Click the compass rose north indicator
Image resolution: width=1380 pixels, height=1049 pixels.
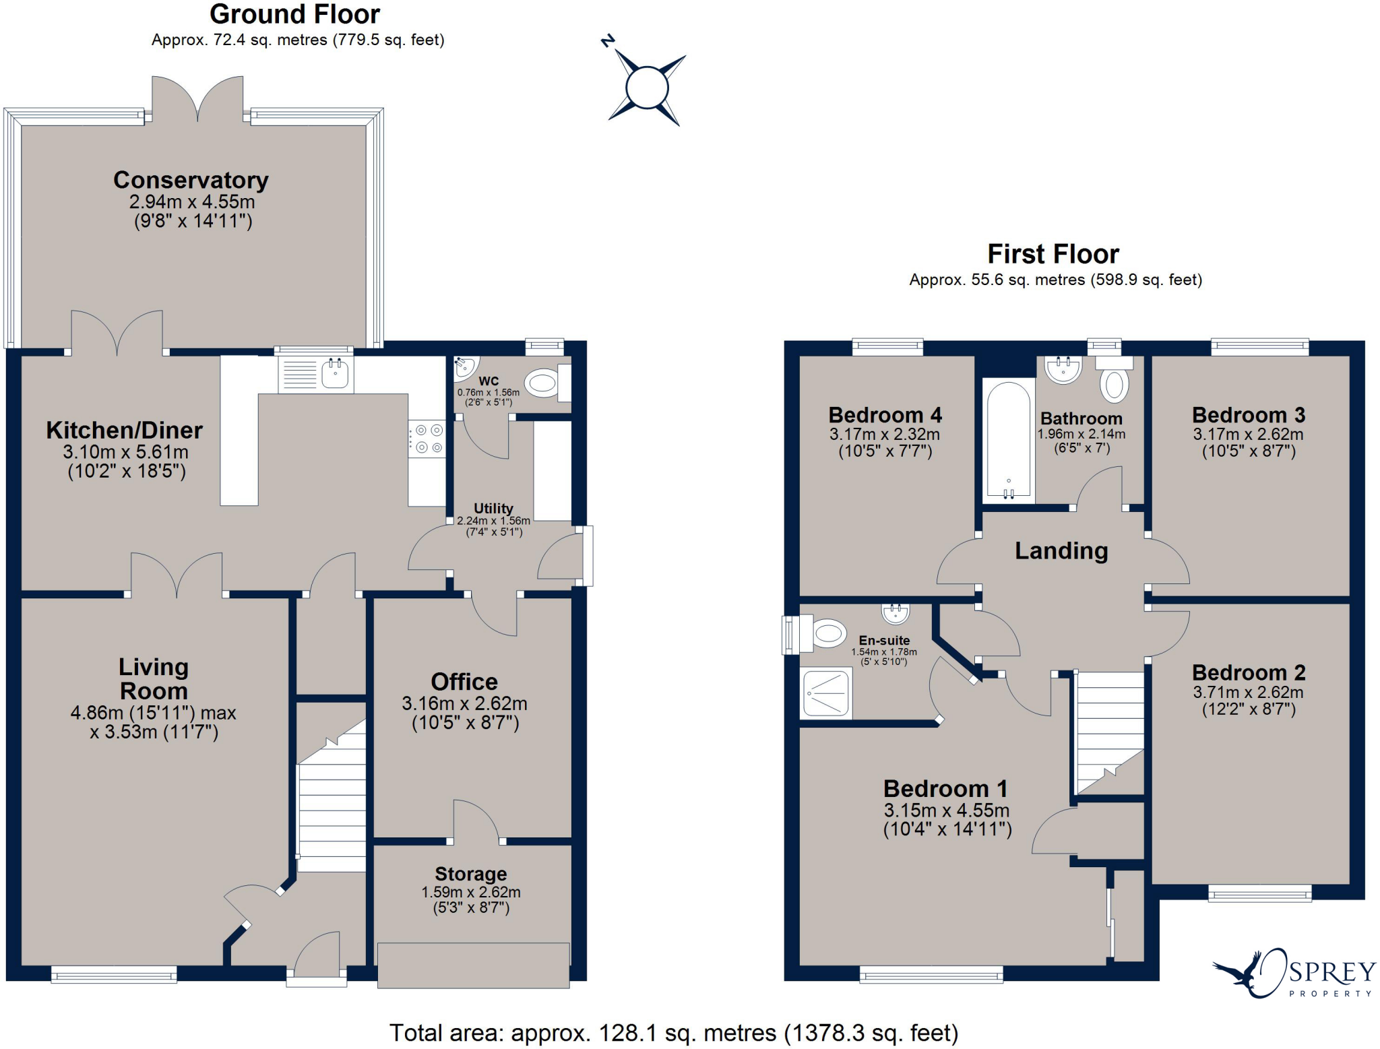[x=608, y=41]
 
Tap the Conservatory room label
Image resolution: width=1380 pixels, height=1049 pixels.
[x=191, y=180]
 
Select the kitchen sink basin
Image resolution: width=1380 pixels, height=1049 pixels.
[x=335, y=373]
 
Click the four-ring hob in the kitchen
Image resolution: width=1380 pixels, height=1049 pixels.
[x=427, y=439]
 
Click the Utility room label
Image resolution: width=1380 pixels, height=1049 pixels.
[x=493, y=508]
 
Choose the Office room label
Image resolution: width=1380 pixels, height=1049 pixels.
[x=464, y=682]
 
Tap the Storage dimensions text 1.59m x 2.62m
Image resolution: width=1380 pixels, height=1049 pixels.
[x=471, y=892]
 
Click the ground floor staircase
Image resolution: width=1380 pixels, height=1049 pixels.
[x=332, y=795]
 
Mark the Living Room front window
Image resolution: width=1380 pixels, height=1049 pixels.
[x=114, y=974]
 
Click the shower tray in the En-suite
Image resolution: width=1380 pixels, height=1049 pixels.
[x=826, y=693]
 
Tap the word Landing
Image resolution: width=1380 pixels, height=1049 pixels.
[x=1061, y=551]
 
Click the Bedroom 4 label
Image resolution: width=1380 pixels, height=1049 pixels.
[x=885, y=415]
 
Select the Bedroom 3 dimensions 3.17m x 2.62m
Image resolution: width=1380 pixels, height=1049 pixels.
[x=1248, y=435]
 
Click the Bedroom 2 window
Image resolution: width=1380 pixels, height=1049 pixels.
[x=1260, y=893]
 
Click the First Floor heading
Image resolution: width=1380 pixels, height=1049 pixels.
[x=1053, y=254]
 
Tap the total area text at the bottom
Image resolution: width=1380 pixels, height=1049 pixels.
[x=674, y=1033]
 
